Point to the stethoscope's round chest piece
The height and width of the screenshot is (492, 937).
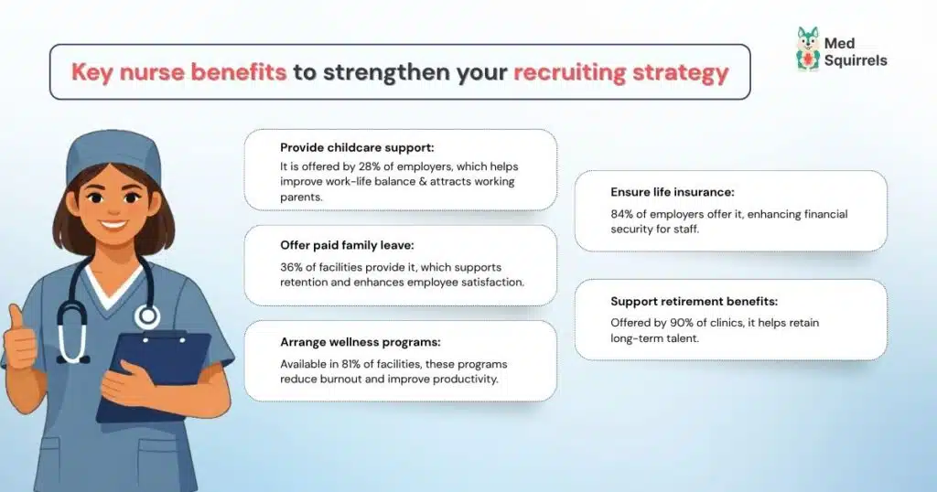[146, 316]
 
